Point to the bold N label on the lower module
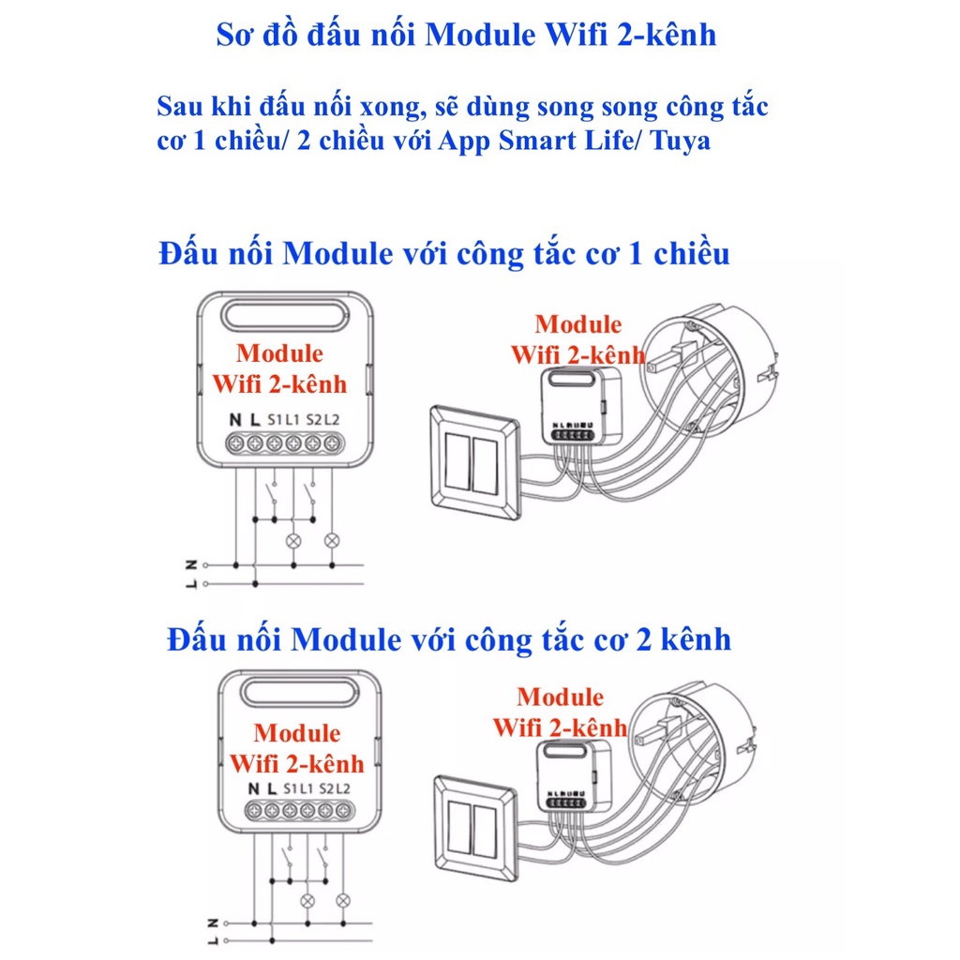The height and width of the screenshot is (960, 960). tap(253, 788)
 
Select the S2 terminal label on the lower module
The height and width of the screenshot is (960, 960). tap(326, 788)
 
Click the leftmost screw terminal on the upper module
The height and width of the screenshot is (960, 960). tap(235, 442)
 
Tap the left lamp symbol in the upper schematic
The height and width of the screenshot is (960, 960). tap(293, 540)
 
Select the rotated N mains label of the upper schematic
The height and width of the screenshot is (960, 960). tap(191, 564)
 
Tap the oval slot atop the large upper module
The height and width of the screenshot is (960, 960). tap(284, 319)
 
